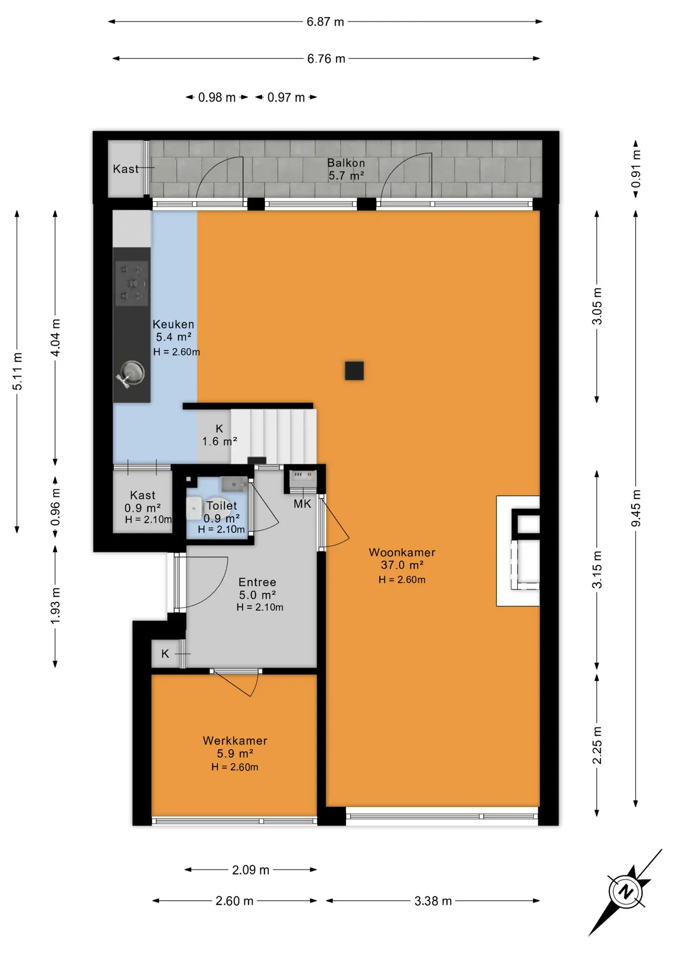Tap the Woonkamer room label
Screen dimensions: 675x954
coord(402,553)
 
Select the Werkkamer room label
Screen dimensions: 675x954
coord(235,741)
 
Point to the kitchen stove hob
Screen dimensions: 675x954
coord(132,283)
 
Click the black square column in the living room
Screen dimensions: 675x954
coord(354,371)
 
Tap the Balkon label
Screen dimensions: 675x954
coord(346,163)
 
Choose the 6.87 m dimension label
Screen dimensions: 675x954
coord(326,22)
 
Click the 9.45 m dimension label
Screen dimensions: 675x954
coord(636,508)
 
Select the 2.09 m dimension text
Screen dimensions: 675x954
coord(251,870)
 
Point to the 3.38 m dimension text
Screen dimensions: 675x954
coord(433,901)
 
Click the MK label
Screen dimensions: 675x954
coord(302,504)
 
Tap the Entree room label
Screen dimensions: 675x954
coord(257,582)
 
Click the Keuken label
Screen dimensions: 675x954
coord(173,324)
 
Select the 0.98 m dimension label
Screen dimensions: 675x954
coord(217,98)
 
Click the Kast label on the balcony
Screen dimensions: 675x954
coord(126,169)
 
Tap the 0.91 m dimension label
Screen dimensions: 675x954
coord(636,169)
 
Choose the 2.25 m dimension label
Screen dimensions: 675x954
coord(597,745)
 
